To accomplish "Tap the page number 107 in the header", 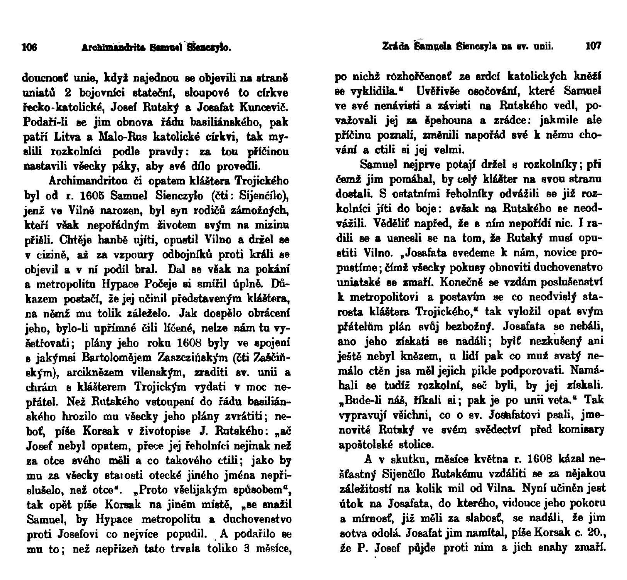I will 594,47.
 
